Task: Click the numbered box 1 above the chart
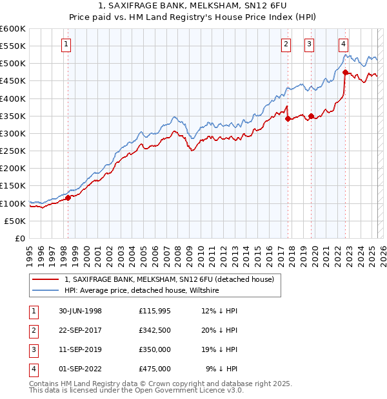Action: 67,44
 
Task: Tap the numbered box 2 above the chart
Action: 286,44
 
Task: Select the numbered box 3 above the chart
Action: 310,44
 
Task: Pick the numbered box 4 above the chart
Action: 344,44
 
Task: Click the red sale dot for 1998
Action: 68,198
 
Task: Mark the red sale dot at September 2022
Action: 346,72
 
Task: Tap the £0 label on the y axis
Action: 20,238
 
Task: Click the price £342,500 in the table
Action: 155,331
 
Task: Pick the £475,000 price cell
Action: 155,369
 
